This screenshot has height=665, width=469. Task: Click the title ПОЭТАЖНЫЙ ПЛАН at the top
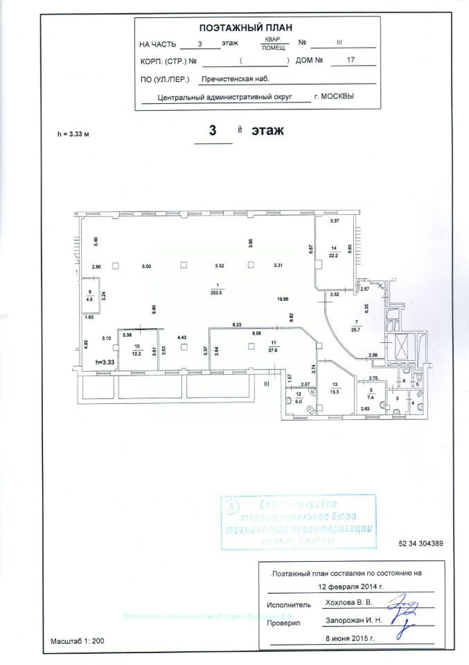[x=245, y=28]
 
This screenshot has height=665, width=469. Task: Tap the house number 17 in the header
[x=350, y=60]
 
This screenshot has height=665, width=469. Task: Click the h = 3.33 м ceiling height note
[x=76, y=134]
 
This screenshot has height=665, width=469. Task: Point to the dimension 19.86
[x=282, y=299]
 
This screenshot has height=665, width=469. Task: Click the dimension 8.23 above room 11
[x=237, y=324]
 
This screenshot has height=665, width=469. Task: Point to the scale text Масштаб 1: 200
[x=77, y=641]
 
